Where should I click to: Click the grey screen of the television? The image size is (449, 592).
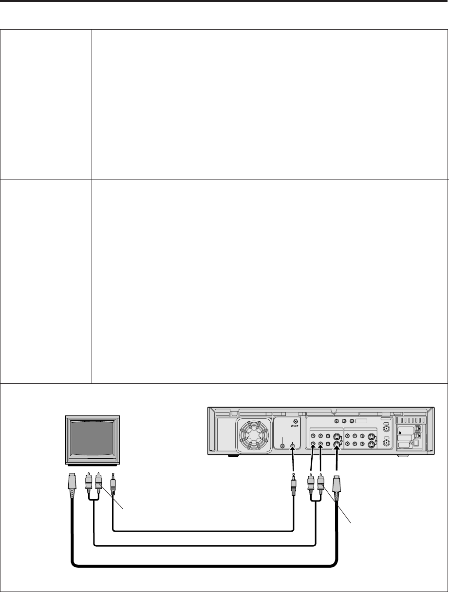click(93, 436)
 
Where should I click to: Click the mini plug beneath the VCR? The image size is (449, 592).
click(294, 486)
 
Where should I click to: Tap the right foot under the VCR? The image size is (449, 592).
click(404, 456)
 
